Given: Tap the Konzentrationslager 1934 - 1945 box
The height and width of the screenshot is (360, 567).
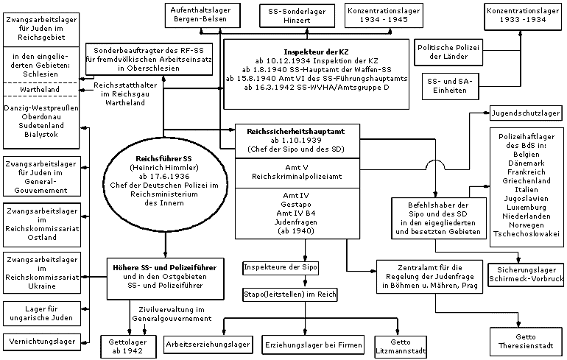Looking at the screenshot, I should [378, 15].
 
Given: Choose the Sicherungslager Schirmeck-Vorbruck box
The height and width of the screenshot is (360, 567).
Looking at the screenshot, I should [526, 275].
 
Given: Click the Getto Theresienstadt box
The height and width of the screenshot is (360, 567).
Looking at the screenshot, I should [526, 341].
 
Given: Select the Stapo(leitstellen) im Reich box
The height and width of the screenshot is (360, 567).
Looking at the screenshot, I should [291, 294].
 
